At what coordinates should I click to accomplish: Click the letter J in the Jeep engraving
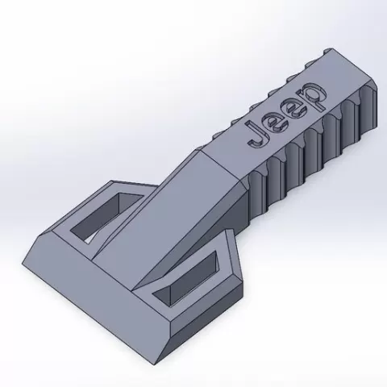click(257, 135)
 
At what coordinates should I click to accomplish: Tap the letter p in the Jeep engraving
click(312, 96)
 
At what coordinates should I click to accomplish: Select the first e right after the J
click(277, 123)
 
